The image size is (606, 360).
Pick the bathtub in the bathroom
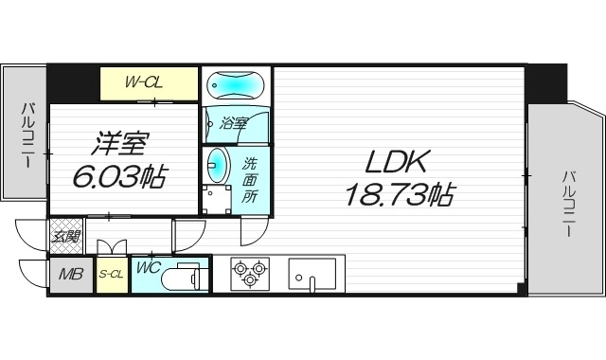[237, 85]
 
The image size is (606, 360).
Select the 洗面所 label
[249, 179]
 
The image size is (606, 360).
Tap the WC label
[149, 268]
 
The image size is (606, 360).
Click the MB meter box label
[71, 275]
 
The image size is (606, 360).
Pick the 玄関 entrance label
[65, 237]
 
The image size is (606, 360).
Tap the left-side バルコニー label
[26, 136]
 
